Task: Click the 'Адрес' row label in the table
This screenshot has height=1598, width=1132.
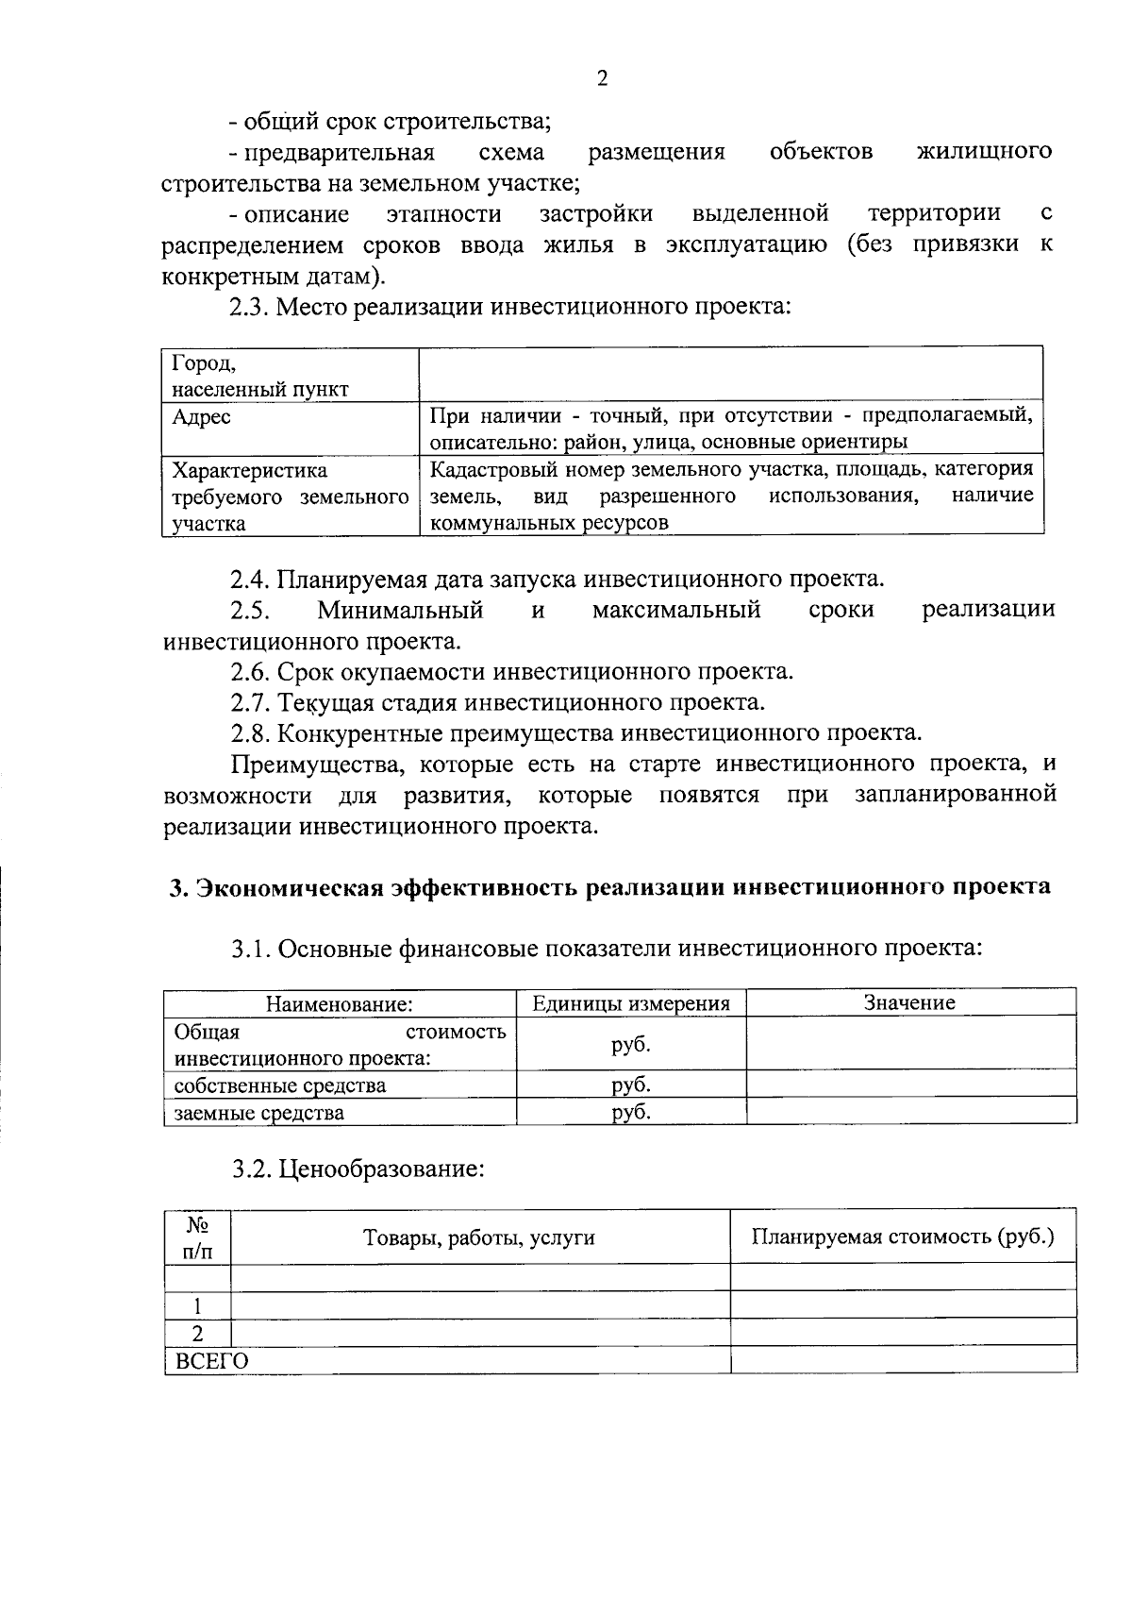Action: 202,417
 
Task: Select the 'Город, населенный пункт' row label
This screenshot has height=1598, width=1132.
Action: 259,376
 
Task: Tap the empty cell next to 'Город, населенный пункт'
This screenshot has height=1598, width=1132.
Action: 731,375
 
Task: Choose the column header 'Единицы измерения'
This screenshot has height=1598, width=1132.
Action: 631,1003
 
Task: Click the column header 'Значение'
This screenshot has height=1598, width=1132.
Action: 909,1002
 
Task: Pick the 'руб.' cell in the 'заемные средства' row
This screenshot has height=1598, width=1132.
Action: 631,1112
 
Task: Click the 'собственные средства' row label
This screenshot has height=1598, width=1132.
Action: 280,1085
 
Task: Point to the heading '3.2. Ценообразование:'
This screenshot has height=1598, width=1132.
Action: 358,1169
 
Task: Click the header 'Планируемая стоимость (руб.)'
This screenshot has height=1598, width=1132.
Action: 903,1237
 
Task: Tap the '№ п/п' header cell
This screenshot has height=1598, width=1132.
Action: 197,1238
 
